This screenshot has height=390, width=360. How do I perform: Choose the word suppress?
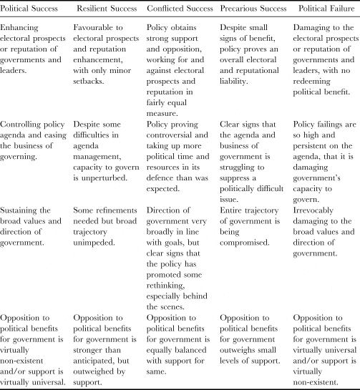(x=261, y=167)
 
